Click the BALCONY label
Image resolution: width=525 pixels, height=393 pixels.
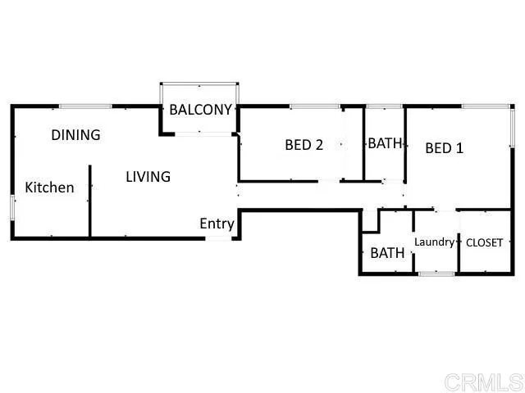click(200, 110)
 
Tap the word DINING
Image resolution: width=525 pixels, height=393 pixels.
click(75, 135)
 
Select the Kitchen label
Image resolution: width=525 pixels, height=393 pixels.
click(49, 187)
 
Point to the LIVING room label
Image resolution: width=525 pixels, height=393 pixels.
click(148, 177)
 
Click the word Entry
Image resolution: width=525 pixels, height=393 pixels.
click(217, 224)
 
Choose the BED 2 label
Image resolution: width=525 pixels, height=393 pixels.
click(304, 145)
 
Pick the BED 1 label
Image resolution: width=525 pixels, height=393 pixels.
click(445, 148)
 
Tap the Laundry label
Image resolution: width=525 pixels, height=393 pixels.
click(435, 242)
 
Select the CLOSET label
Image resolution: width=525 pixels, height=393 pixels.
click(484, 242)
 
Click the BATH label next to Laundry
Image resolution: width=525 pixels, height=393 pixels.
click(387, 253)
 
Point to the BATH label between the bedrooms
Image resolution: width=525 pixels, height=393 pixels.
click(385, 143)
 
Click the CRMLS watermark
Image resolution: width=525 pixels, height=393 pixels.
click(484, 382)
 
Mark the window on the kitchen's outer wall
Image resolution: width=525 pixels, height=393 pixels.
click(12, 207)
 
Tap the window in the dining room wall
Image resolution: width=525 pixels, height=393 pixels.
click(85, 106)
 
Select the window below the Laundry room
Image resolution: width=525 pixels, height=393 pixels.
click(436, 273)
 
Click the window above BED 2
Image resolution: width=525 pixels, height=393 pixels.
click(315, 106)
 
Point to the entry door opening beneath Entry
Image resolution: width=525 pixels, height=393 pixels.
click(218, 238)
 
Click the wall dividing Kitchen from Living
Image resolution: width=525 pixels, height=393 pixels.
click(89, 201)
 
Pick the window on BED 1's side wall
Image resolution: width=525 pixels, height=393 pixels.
click(512, 127)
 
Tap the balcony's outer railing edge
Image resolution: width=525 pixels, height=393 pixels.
click(199, 84)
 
